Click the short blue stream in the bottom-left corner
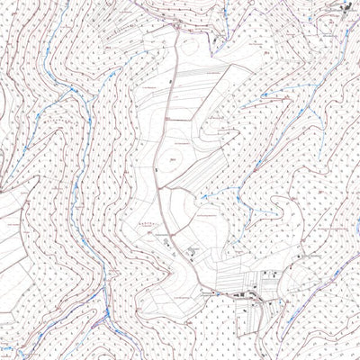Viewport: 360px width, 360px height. point(9,346)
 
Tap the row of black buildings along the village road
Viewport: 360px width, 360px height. point(241,294)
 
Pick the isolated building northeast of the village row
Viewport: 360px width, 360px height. point(297,257)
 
